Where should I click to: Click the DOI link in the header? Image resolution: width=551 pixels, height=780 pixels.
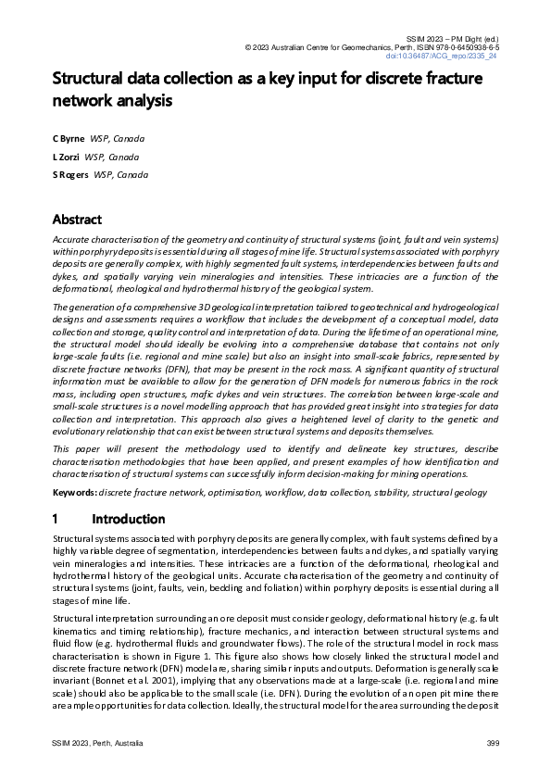pyautogui.click(x=454, y=56)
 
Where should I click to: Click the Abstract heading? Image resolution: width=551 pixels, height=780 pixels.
pyautogui.click(x=77, y=220)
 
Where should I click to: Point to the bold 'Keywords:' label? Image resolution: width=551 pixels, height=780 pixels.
pyautogui.click(x=74, y=493)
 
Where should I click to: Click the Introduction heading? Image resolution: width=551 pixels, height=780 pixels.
pyautogui.click(x=129, y=519)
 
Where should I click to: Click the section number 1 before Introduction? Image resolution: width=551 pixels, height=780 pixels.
pyautogui.click(x=56, y=519)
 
